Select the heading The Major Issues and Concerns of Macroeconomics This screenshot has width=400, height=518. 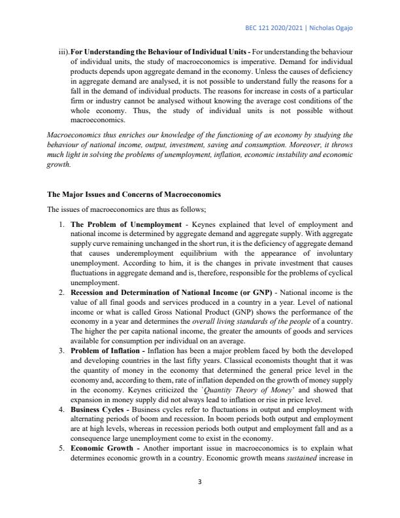coord(134,195)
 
